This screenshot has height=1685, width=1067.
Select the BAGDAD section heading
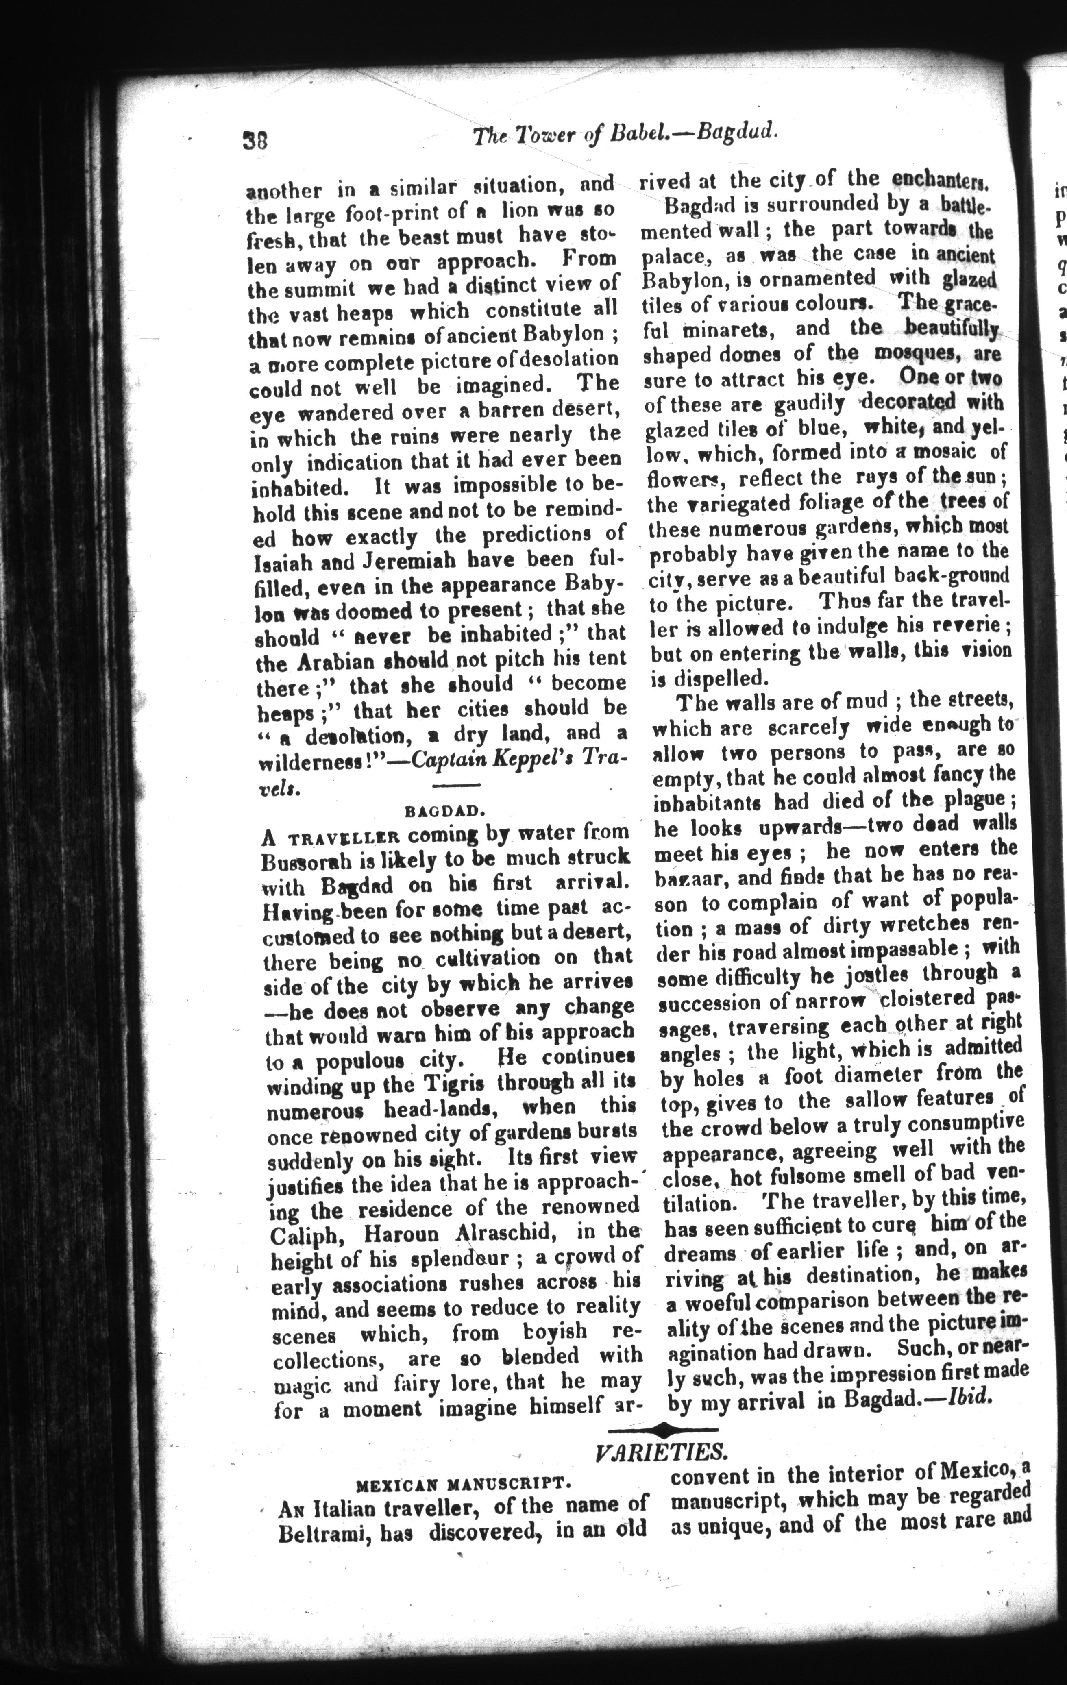point(445,811)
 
